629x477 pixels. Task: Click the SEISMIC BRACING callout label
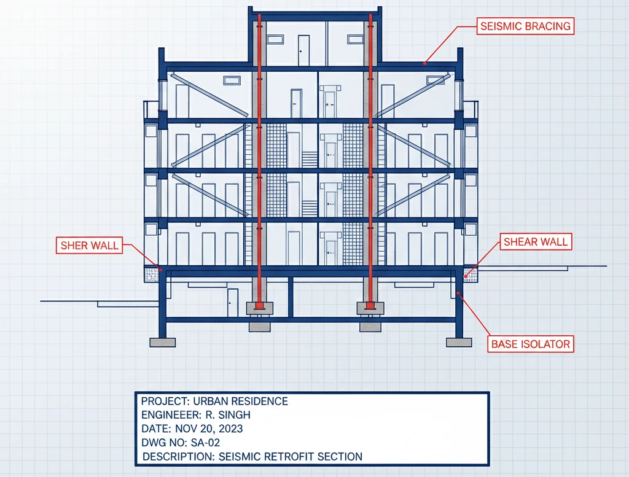pyautogui.click(x=525, y=26)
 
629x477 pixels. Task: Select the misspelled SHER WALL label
pyautogui.click(x=89, y=246)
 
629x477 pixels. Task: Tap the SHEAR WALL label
pyautogui.click(x=536, y=242)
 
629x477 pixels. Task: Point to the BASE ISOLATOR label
pyautogui.click(x=530, y=344)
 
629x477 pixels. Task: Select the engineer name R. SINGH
pyautogui.click(x=228, y=415)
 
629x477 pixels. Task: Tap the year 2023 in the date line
pyautogui.click(x=231, y=429)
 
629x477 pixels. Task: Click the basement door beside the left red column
pyautogui.click(x=232, y=302)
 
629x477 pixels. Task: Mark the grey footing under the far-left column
pyautogui.click(x=162, y=343)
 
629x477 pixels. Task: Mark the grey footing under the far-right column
pyautogui.click(x=459, y=343)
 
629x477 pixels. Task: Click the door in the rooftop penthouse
pyautogui.click(x=303, y=50)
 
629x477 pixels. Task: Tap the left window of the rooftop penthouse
pyautogui.click(x=275, y=39)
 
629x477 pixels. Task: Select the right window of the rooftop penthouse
pyautogui.click(x=356, y=39)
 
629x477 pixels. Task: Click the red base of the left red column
pyautogui.click(x=259, y=306)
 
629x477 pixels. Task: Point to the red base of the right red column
pyautogui.click(x=370, y=306)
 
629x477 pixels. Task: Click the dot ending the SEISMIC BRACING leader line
pyautogui.click(x=424, y=63)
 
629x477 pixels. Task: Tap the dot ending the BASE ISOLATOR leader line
pyautogui.click(x=458, y=293)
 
